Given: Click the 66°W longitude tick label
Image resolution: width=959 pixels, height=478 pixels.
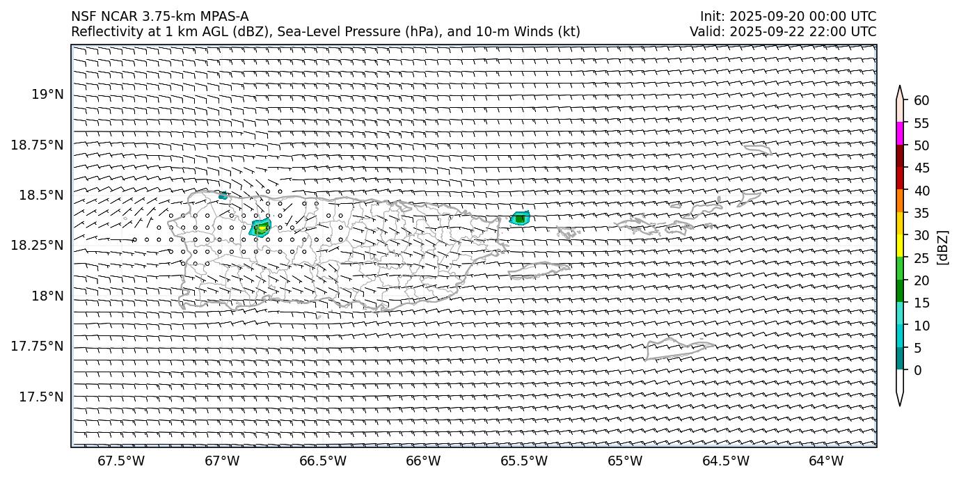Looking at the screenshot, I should click(x=423, y=461).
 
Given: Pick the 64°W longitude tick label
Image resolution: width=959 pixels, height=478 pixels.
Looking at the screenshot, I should click(x=826, y=461).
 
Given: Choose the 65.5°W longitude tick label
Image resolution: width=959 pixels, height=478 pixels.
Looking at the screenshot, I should click(x=524, y=461).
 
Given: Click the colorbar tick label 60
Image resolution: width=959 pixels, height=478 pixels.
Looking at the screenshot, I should click(x=921, y=101).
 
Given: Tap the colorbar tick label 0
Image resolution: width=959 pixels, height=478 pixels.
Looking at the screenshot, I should click(x=917, y=370).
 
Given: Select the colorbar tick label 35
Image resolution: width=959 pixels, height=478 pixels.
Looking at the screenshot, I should click(x=921, y=213).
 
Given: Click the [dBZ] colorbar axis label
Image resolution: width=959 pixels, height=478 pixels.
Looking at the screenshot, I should click(x=943, y=247).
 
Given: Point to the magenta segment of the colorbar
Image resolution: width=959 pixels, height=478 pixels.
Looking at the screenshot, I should click(x=900, y=134).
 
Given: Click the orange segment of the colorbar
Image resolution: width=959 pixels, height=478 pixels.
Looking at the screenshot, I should click(x=900, y=201).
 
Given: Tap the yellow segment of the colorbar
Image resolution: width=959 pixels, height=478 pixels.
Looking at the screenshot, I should click(x=900, y=246).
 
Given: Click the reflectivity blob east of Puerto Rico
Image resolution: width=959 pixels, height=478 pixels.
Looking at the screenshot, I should click(x=520, y=218).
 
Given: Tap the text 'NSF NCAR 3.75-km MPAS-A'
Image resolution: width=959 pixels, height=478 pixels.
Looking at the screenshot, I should click(x=159, y=17).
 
